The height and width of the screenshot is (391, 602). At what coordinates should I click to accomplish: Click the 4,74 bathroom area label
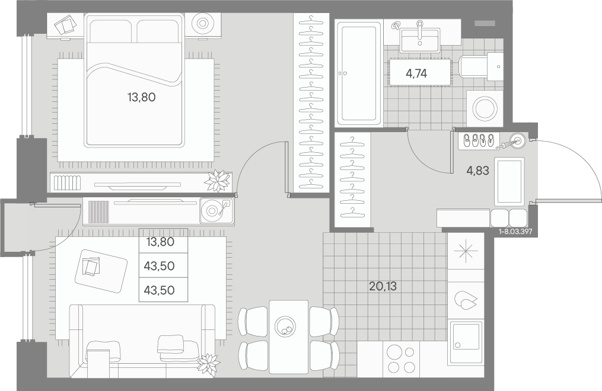coord(416,73)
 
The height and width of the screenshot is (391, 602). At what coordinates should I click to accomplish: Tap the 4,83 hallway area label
coord(477,171)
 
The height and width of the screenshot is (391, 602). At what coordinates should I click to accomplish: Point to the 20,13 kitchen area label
coord(383,286)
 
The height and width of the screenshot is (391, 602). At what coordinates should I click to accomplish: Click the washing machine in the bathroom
coord(485,108)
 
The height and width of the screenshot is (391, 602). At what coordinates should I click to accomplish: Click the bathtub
coord(359,73)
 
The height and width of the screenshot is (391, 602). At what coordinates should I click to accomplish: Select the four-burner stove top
coord(401,359)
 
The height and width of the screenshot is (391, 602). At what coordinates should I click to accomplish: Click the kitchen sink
coord(466,342)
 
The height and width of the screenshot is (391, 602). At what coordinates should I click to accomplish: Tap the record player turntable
coord(216,210)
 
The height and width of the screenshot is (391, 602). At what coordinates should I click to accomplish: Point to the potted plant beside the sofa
coord(208,363)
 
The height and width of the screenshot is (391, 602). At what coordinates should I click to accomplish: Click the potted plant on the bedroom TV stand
coord(218,181)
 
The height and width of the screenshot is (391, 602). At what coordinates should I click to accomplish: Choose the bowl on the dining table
coord(285,326)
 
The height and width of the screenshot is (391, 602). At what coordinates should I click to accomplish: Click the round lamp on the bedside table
coord(202,24)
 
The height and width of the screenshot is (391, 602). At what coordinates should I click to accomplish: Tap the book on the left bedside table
coord(66,25)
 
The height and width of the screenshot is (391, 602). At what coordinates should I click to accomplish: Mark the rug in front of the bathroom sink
coord(420,72)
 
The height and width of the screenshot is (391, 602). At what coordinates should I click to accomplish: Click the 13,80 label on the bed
coord(141,97)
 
